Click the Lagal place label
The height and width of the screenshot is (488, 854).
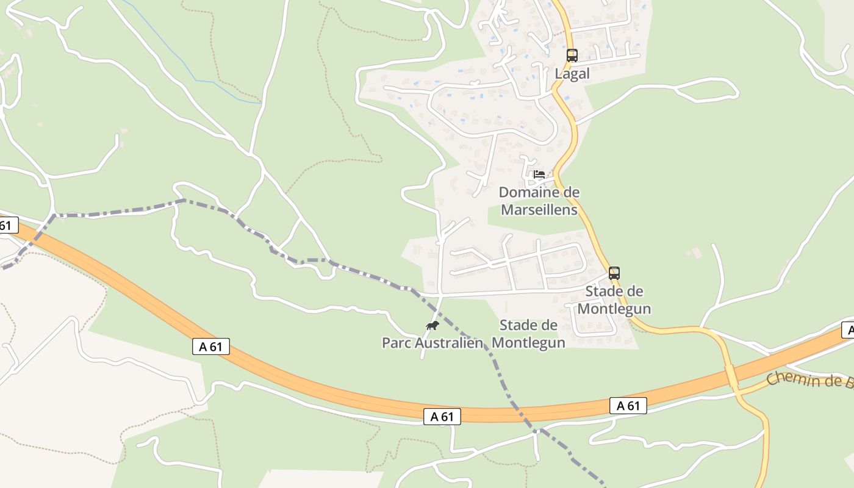point(572,74)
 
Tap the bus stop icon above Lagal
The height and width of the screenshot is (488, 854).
point(572,56)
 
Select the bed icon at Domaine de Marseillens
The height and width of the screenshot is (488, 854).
point(539,174)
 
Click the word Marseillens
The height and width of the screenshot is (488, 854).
point(539,210)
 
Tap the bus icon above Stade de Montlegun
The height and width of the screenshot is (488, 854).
point(614,273)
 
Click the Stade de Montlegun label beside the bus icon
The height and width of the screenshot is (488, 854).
point(614,300)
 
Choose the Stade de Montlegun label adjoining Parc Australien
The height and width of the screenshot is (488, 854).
point(528,334)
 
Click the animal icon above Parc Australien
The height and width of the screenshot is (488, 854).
point(432,325)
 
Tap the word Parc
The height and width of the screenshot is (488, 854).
point(396,343)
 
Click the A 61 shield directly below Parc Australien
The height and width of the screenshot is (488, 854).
point(442,417)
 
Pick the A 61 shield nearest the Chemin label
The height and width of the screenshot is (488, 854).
point(628,406)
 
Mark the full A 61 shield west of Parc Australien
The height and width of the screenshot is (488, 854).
point(211,346)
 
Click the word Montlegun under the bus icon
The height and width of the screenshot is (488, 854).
point(614,309)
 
